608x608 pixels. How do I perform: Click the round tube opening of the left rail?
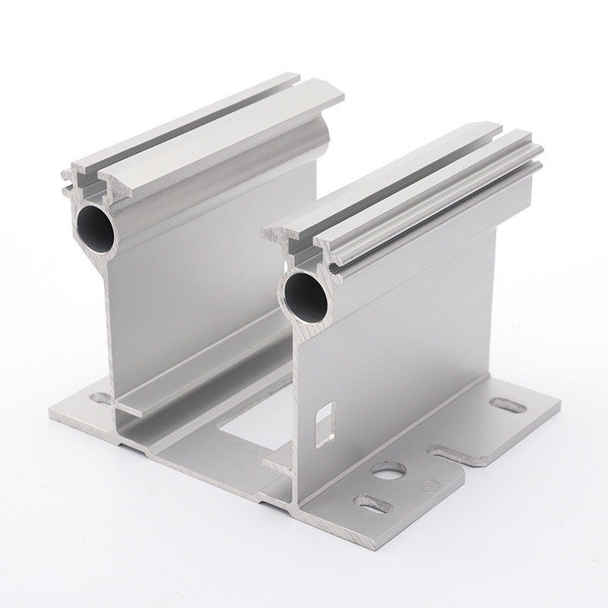coord(96,222)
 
